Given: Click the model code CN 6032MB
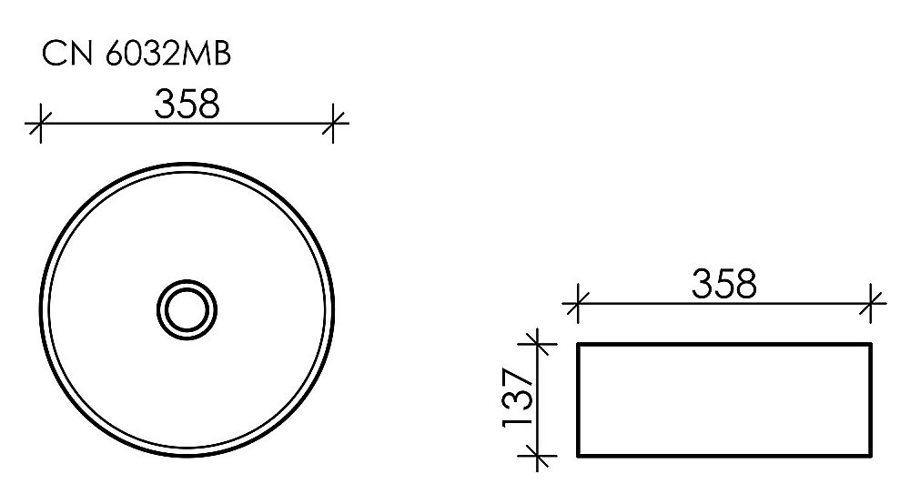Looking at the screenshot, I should click(x=136, y=55).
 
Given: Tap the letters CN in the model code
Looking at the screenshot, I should click(x=63, y=55).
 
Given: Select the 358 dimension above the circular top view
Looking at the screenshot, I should click(x=186, y=105).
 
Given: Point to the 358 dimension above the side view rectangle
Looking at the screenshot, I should click(x=724, y=285).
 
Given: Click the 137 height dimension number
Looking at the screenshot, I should click(x=514, y=398).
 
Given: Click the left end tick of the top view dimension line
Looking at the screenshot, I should click(x=37, y=123).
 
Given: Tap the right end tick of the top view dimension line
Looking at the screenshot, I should click(x=335, y=123).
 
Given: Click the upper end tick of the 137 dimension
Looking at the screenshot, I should click(x=539, y=344).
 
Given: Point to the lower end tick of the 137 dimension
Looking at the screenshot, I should click(x=539, y=455).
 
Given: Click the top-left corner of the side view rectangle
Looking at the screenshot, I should click(x=579, y=344).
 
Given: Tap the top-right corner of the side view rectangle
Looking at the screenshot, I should click(x=872, y=344).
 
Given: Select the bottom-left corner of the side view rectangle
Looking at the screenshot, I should click(x=579, y=455).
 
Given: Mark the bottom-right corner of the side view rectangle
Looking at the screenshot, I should click(x=872, y=455).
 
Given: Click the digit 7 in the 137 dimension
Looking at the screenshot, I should click(x=514, y=378).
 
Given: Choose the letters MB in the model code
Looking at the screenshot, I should click(x=209, y=55).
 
